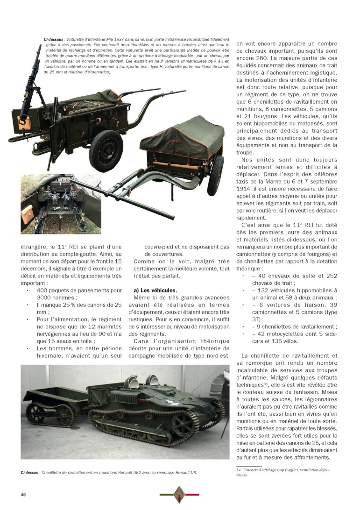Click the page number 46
pyautogui.click(x=22, y=495)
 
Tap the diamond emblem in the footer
pyautogui.click(x=180, y=495)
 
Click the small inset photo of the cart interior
pyautogui.click(x=61, y=204)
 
